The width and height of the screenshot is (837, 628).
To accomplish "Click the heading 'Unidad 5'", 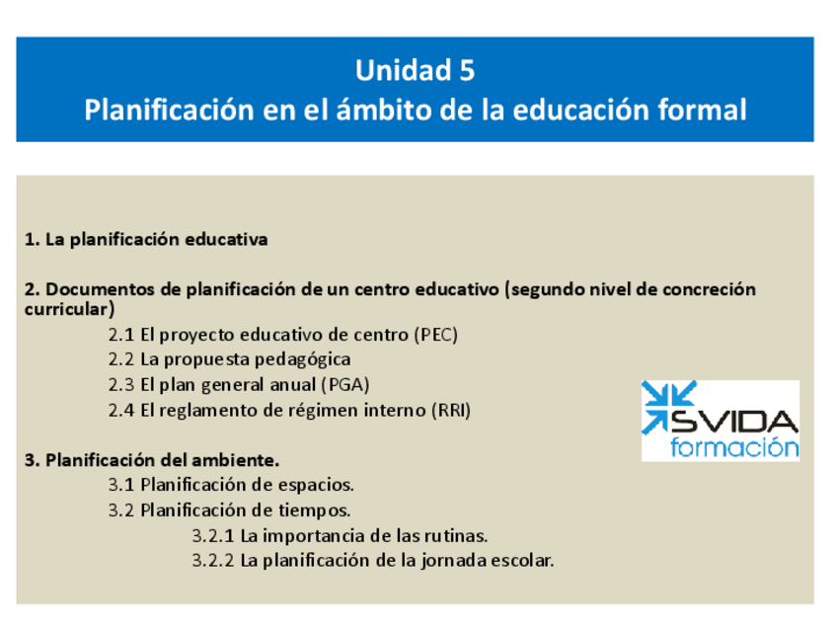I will [415, 71].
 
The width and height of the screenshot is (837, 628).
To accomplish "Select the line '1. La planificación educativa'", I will [146, 240].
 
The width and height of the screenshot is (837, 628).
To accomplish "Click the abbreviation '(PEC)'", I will [436, 335].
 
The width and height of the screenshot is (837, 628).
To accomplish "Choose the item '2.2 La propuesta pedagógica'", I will [229, 359].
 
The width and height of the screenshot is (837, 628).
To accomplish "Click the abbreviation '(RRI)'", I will [450, 411].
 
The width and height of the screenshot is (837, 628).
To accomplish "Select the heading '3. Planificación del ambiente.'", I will [152, 460].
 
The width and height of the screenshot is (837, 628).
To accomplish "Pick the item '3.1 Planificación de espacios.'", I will [231, 485].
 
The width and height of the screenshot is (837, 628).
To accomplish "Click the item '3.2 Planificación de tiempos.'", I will [229, 510].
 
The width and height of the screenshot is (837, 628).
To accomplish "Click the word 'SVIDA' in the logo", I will [735, 422].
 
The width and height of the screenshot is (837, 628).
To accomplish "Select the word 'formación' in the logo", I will [734, 447].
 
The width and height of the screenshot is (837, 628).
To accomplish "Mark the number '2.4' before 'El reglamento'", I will [121, 411].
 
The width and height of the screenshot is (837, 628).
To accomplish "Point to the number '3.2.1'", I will [213, 536].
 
